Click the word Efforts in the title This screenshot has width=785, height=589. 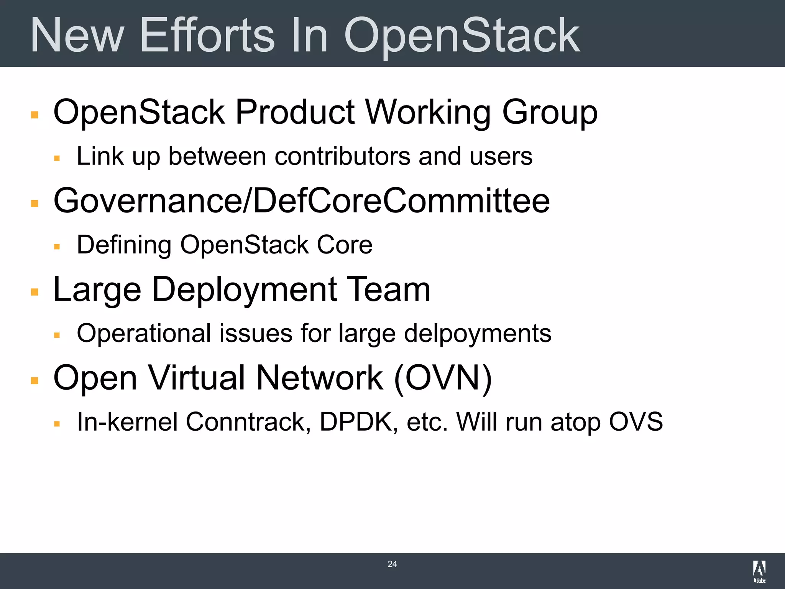(207, 35)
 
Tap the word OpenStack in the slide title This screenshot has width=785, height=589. (461, 35)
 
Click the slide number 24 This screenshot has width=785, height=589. (392, 564)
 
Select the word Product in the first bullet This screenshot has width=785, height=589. (295, 112)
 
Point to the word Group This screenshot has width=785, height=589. (550, 112)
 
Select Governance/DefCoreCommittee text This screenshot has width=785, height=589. (302, 201)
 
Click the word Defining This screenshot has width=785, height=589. (124, 245)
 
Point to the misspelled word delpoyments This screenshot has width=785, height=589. (478, 333)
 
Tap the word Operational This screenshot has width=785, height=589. (144, 333)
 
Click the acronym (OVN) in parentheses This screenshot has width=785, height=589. (443, 378)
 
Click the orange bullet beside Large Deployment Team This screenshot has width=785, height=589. (35, 292)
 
